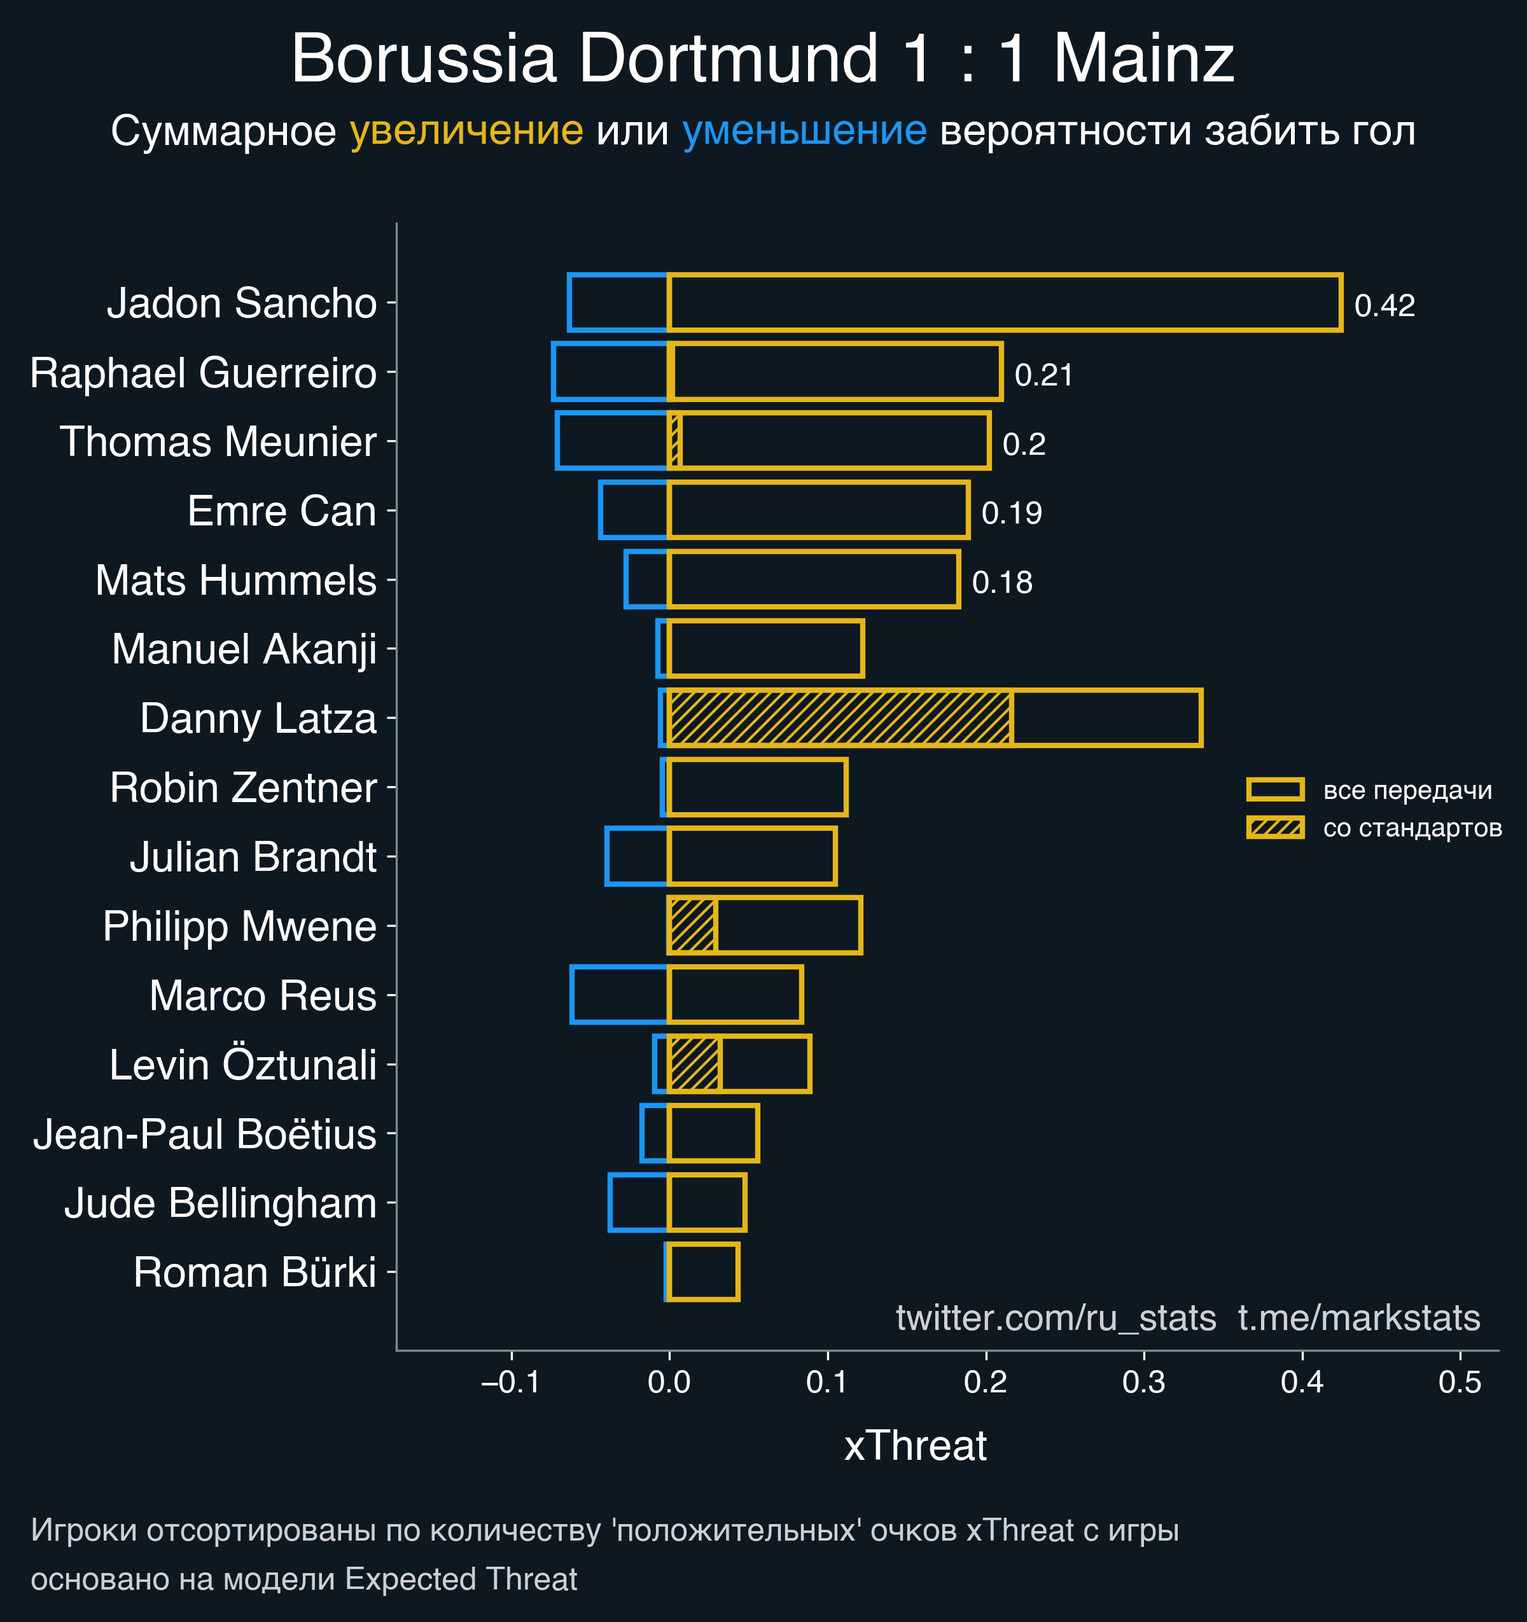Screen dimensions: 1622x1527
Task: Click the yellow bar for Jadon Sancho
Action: click(1004, 303)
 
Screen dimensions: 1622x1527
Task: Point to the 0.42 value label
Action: click(1384, 305)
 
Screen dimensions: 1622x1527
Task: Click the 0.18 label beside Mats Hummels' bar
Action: click(1002, 583)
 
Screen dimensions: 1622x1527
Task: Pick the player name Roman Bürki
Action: click(254, 1273)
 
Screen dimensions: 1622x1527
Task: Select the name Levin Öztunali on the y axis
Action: click(243, 1065)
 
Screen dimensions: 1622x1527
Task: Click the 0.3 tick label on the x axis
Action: click(1143, 1382)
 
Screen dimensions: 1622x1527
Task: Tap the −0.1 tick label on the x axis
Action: click(511, 1382)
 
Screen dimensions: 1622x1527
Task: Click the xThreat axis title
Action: click(915, 1446)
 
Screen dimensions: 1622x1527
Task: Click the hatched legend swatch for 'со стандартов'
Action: click(1275, 828)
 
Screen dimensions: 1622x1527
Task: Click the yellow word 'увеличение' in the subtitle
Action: click(466, 130)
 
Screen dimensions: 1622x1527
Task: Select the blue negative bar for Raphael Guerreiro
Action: click(610, 372)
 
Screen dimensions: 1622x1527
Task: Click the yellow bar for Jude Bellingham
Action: click(707, 1203)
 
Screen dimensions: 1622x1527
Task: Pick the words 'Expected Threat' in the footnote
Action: click(461, 1579)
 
